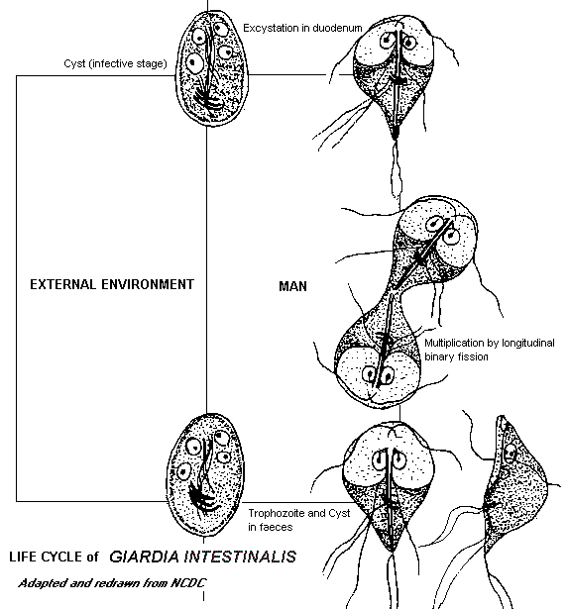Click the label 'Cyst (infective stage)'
point(115,63)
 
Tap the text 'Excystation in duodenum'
point(302,28)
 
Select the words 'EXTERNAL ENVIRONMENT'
point(112,284)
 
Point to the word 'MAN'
point(292,286)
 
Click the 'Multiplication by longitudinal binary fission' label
point(489,350)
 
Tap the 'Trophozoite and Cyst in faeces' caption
point(299,520)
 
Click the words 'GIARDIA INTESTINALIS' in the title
point(202,557)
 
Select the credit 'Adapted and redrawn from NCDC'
point(112,583)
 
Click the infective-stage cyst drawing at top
point(212,68)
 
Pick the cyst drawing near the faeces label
point(205,475)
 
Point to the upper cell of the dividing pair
point(431,249)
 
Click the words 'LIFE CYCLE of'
point(54,557)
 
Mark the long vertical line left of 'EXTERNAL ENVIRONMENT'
point(16,288)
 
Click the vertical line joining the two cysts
point(206,270)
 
